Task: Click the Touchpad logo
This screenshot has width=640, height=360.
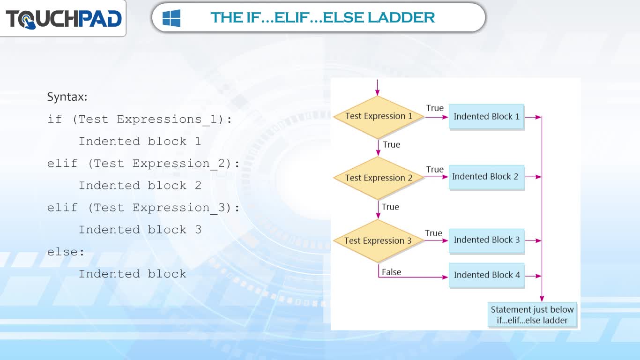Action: click(64, 19)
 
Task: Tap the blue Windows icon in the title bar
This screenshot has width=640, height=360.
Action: click(171, 18)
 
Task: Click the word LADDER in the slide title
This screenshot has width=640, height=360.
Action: click(401, 17)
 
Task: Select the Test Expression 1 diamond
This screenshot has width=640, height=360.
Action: click(378, 117)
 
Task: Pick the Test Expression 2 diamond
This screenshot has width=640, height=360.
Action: click(378, 178)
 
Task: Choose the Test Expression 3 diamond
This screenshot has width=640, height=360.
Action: click(378, 241)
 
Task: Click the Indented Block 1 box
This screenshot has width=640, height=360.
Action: click(486, 117)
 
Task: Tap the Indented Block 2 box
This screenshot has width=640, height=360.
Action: click(486, 177)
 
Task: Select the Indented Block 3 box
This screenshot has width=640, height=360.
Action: click(486, 240)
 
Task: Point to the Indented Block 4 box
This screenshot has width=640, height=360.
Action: click(486, 275)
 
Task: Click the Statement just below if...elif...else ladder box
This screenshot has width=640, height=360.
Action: click(532, 315)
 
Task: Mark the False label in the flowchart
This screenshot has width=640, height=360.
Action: click(391, 272)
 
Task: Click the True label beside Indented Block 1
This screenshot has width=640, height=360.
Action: click(435, 108)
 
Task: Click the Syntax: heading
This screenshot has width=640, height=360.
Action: click(67, 97)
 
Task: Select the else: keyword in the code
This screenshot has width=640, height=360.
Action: click(66, 252)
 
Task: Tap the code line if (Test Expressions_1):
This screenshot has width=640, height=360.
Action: click(140, 119)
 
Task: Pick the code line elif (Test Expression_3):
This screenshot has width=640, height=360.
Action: click(143, 208)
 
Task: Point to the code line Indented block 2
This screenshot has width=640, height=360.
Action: click(140, 186)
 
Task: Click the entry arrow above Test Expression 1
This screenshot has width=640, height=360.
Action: click(378, 88)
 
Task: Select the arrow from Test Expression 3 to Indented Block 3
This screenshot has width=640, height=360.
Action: click(436, 241)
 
